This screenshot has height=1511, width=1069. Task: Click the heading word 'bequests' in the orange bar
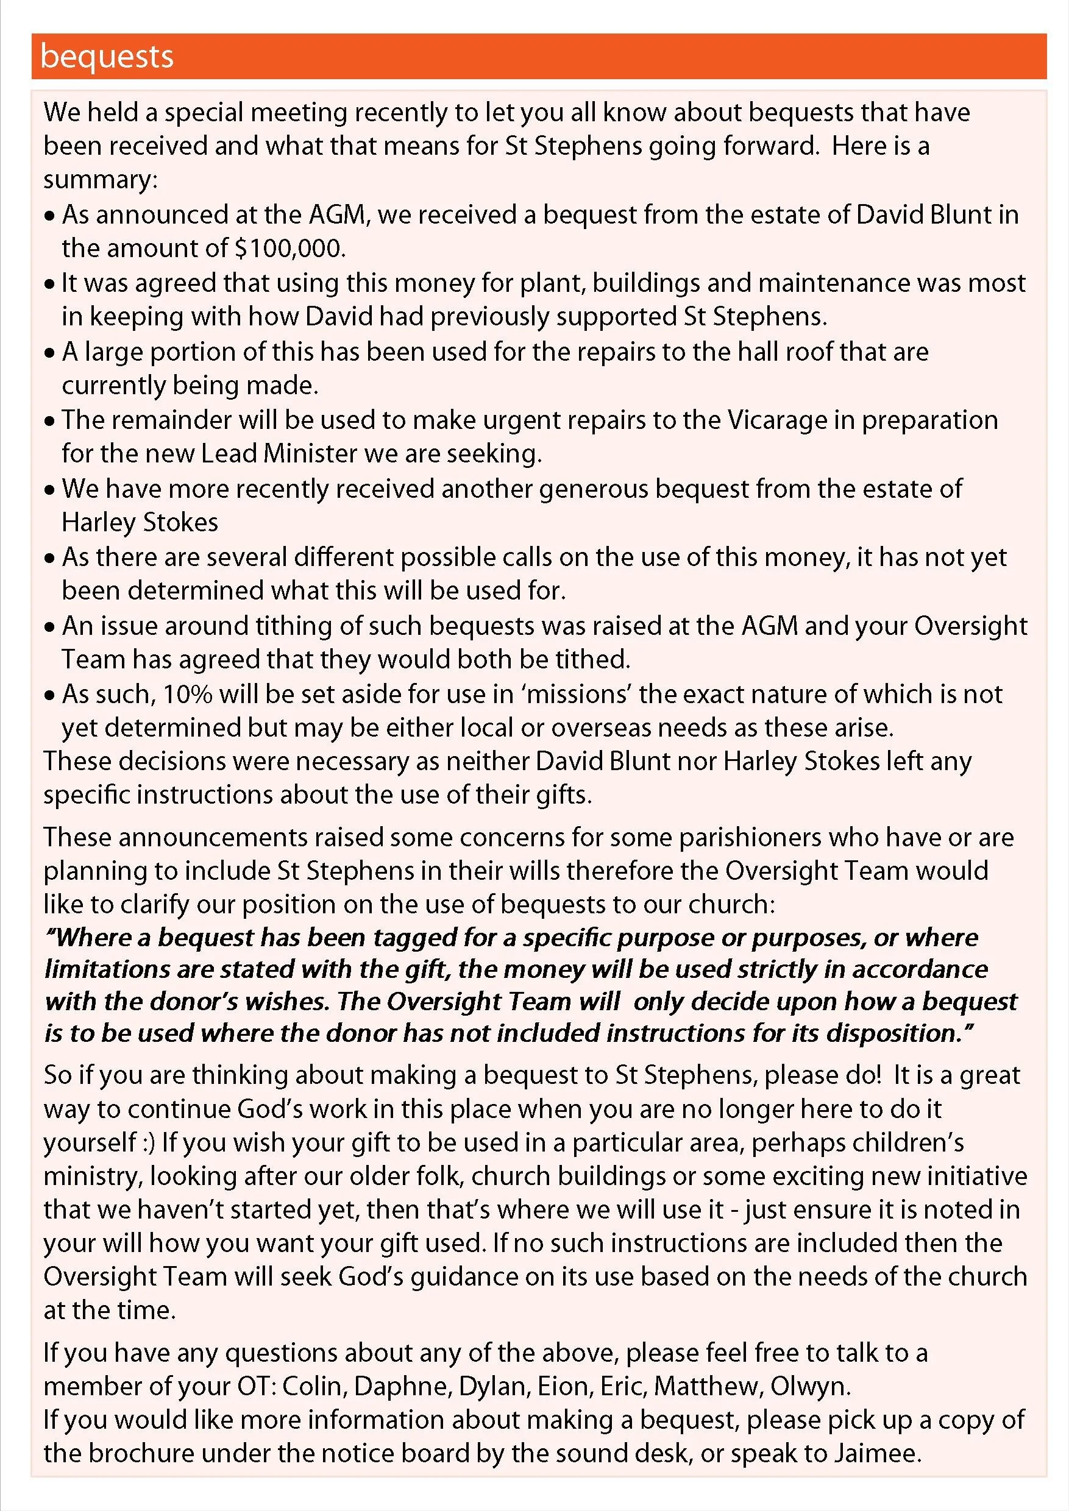click(107, 57)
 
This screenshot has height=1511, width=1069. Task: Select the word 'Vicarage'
click(776, 420)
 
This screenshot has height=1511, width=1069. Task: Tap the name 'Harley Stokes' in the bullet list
click(140, 523)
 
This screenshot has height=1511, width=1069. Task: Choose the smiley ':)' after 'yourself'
click(149, 1142)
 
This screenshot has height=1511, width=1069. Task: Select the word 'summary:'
click(100, 180)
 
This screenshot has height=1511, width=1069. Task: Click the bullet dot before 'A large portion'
click(49, 353)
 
